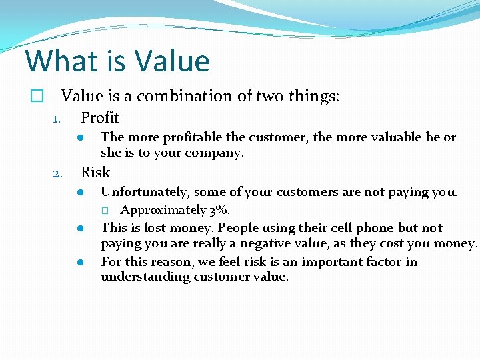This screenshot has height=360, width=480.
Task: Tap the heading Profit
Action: (x=100, y=118)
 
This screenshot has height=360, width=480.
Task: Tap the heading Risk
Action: (x=95, y=173)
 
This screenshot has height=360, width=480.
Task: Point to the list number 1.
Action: (x=57, y=120)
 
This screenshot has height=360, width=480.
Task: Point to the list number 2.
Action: (x=57, y=175)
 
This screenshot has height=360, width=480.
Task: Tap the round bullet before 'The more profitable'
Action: (x=79, y=138)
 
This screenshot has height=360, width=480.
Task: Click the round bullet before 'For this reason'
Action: (x=79, y=262)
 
